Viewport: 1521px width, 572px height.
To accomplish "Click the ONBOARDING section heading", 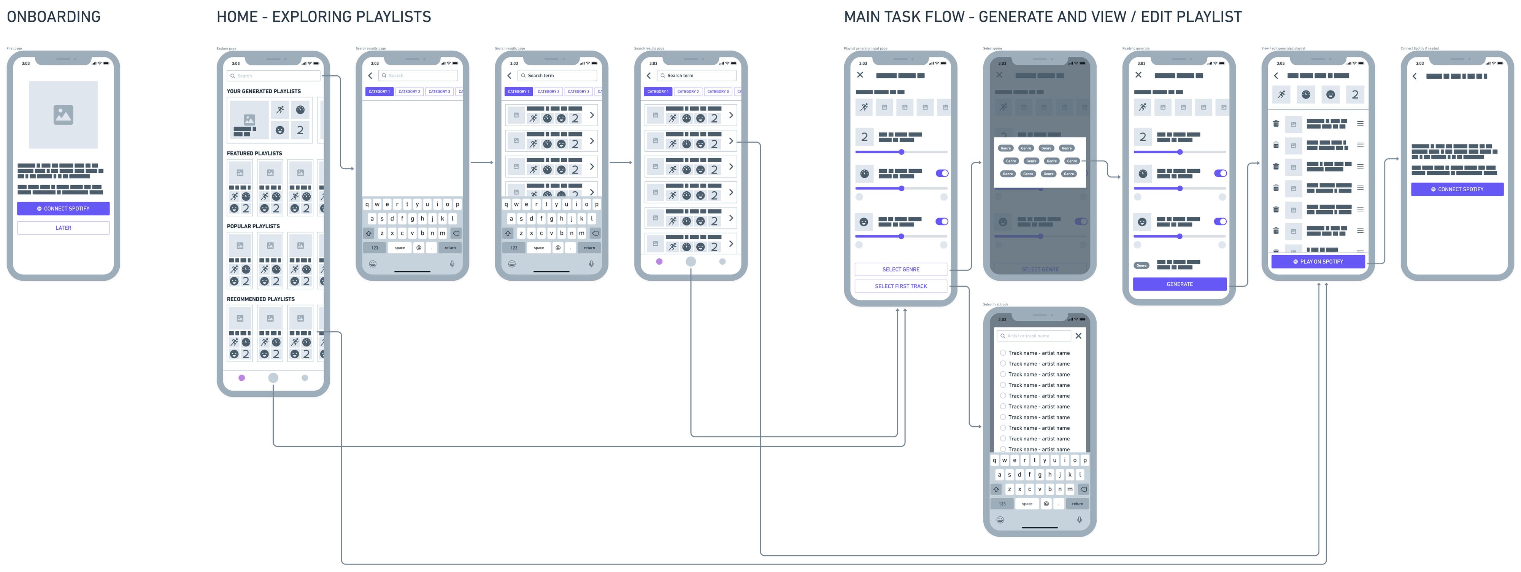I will point(54,16).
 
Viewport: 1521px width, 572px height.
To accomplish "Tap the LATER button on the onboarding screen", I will point(63,228).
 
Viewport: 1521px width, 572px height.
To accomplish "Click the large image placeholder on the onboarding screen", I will point(63,114).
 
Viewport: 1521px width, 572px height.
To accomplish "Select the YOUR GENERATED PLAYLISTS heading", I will point(264,92).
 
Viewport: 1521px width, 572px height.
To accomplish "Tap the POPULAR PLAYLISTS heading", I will point(253,226).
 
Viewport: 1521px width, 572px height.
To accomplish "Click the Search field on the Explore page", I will point(273,76).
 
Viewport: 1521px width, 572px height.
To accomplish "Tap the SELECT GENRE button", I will point(900,269).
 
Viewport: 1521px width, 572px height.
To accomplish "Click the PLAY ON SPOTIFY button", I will point(1318,262).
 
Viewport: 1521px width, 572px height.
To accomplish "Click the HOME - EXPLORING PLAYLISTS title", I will point(324,16).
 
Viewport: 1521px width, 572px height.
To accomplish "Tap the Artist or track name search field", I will point(1033,336).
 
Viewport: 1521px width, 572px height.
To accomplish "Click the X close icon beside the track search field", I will point(1078,336).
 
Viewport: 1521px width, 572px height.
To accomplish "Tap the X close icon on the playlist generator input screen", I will point(860,75).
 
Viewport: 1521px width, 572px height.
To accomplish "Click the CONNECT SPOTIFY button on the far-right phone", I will point(1457,189).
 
